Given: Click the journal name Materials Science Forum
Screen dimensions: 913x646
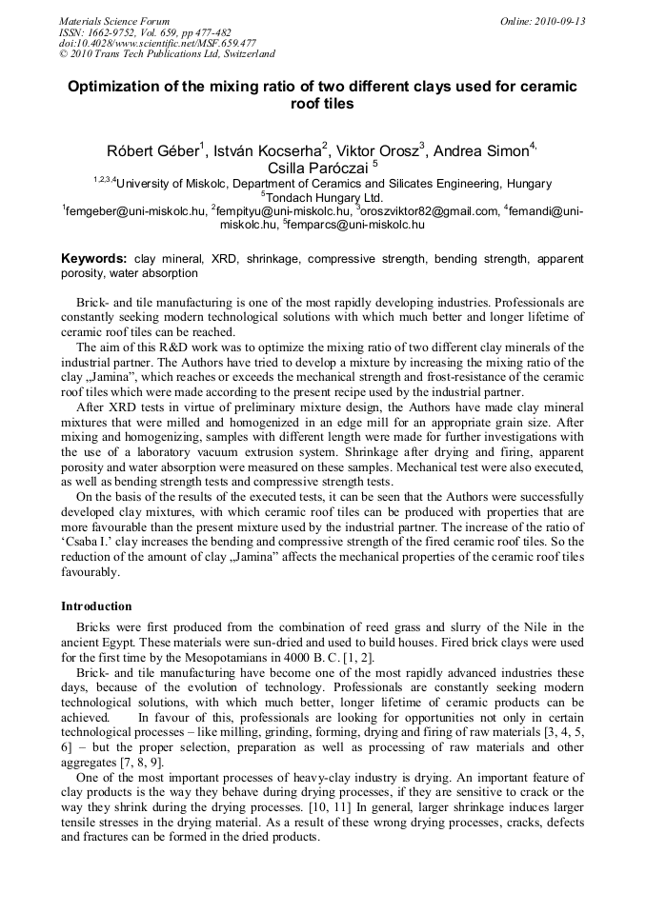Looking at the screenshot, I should (x=114, y=21).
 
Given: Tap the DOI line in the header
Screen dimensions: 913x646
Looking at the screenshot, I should (x=157, y=43).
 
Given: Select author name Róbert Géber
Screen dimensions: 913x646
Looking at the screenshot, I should (x=151, y=150).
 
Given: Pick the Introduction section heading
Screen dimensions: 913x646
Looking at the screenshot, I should (x=96, y=606).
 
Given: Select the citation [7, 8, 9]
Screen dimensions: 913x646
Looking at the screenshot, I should (x=149, y=763).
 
